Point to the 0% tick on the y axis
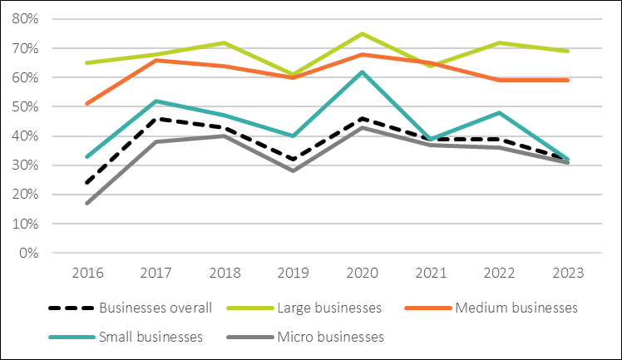click(36, 253)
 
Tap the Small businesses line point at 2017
click(155, 101)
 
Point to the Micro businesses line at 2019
click(294, 170)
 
